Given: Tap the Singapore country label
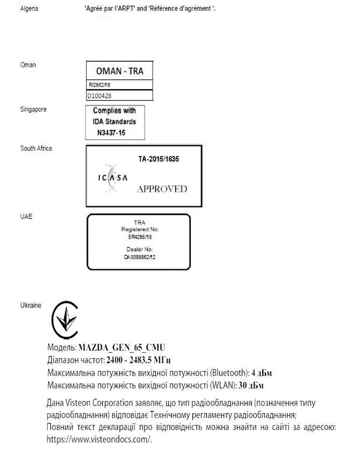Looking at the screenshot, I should click(31, 109).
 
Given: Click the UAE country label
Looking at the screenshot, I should click(25, 216).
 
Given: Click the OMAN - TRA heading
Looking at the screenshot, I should click(119, 71).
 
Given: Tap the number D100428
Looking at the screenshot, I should click(100, 95).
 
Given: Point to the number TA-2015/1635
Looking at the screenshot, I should click(160, 160).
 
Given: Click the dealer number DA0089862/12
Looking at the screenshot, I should click(139, 257).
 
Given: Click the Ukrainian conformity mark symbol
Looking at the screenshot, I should click(63, 319).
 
